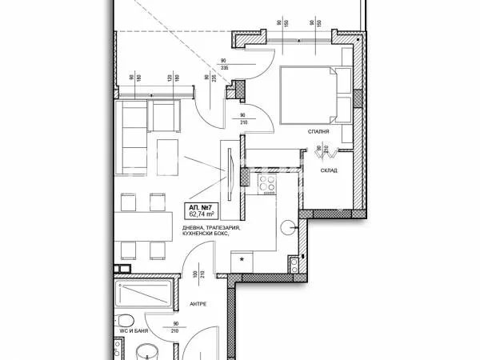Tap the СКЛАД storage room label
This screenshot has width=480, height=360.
tap(330, 170)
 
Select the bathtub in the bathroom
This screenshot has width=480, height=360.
tap(142, 298)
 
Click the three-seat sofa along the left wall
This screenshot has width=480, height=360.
tap(130, 134)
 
